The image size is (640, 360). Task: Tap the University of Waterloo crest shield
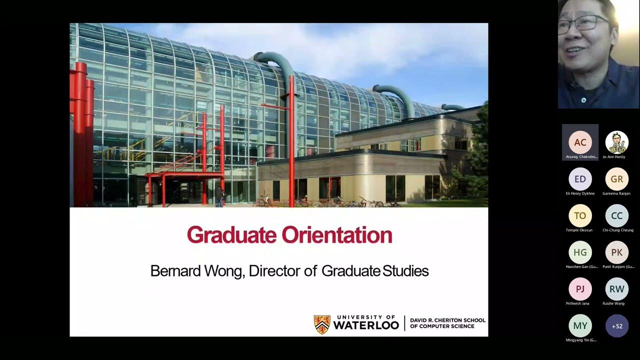click(x=322, y=324)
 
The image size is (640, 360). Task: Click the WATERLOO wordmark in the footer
click(x=365, y=325)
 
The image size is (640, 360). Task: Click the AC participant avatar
click(x=580, y=142)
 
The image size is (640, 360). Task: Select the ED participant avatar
click(x=580, y=179)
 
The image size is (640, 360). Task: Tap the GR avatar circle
click(x=617, y=179)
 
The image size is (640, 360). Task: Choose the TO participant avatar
click(x=580, y=216)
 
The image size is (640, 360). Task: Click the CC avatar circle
click(x=617, y=216)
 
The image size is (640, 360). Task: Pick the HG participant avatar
click(x=580, y=252)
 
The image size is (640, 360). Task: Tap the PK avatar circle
click(x=617, y=252)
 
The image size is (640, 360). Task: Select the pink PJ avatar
click(x=580, y=289)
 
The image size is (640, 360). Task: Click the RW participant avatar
click(x=617, y=289)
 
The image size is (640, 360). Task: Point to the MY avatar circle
click(x=580, y=326)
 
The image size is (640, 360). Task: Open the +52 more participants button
click(x=617, y=326)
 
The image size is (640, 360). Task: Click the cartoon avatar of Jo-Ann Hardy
click(x=617, y=142)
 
